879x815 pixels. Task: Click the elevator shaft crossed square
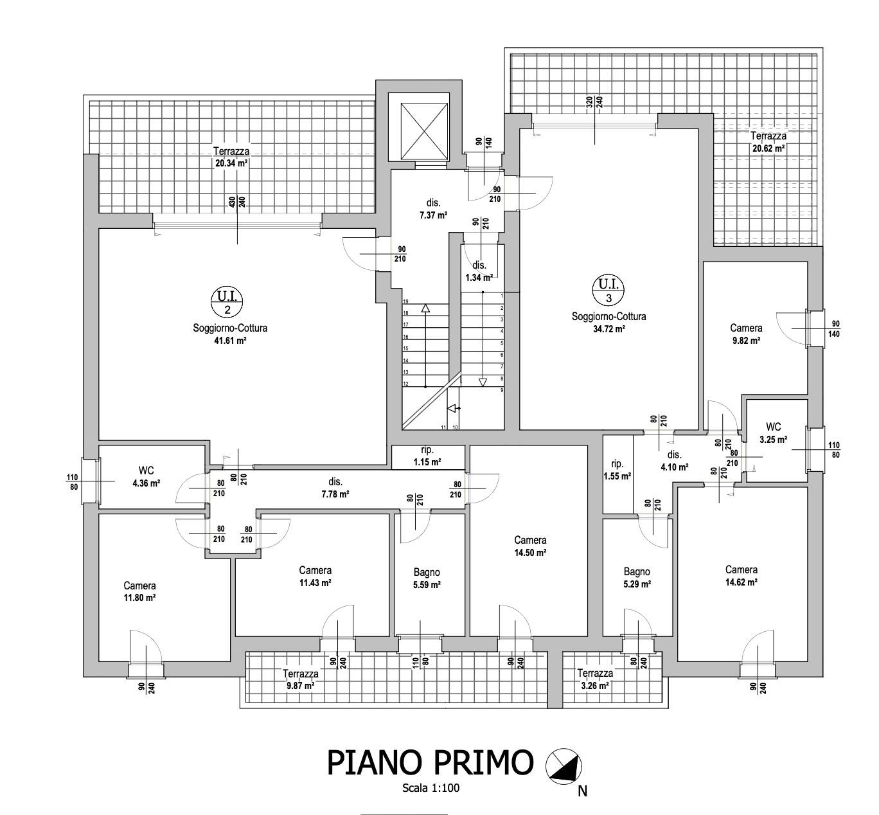point(424,131)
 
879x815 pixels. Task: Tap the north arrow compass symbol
point(564,764)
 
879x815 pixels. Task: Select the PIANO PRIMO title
point(431,762)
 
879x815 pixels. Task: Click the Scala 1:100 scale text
point(431,788)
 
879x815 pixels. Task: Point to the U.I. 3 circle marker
point(608,290)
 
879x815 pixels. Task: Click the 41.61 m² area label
point(230,341)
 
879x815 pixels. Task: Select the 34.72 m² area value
point(609,329)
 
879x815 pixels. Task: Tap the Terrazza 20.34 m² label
point(231,157)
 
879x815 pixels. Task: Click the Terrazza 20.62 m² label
point(768,142)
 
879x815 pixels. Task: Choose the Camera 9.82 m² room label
point(746,334)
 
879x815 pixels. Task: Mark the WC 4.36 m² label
point(146,477)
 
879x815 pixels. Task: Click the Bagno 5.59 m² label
point(427,578)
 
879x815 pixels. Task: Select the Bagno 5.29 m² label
point(637,578)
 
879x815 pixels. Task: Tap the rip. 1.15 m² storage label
point(427,456)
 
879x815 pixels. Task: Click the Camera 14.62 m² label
point(741,576)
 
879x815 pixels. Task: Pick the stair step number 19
point(405,301)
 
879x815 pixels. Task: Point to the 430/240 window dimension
point(237,202)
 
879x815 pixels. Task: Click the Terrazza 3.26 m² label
point(595,679)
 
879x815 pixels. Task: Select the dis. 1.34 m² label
point(479,271)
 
